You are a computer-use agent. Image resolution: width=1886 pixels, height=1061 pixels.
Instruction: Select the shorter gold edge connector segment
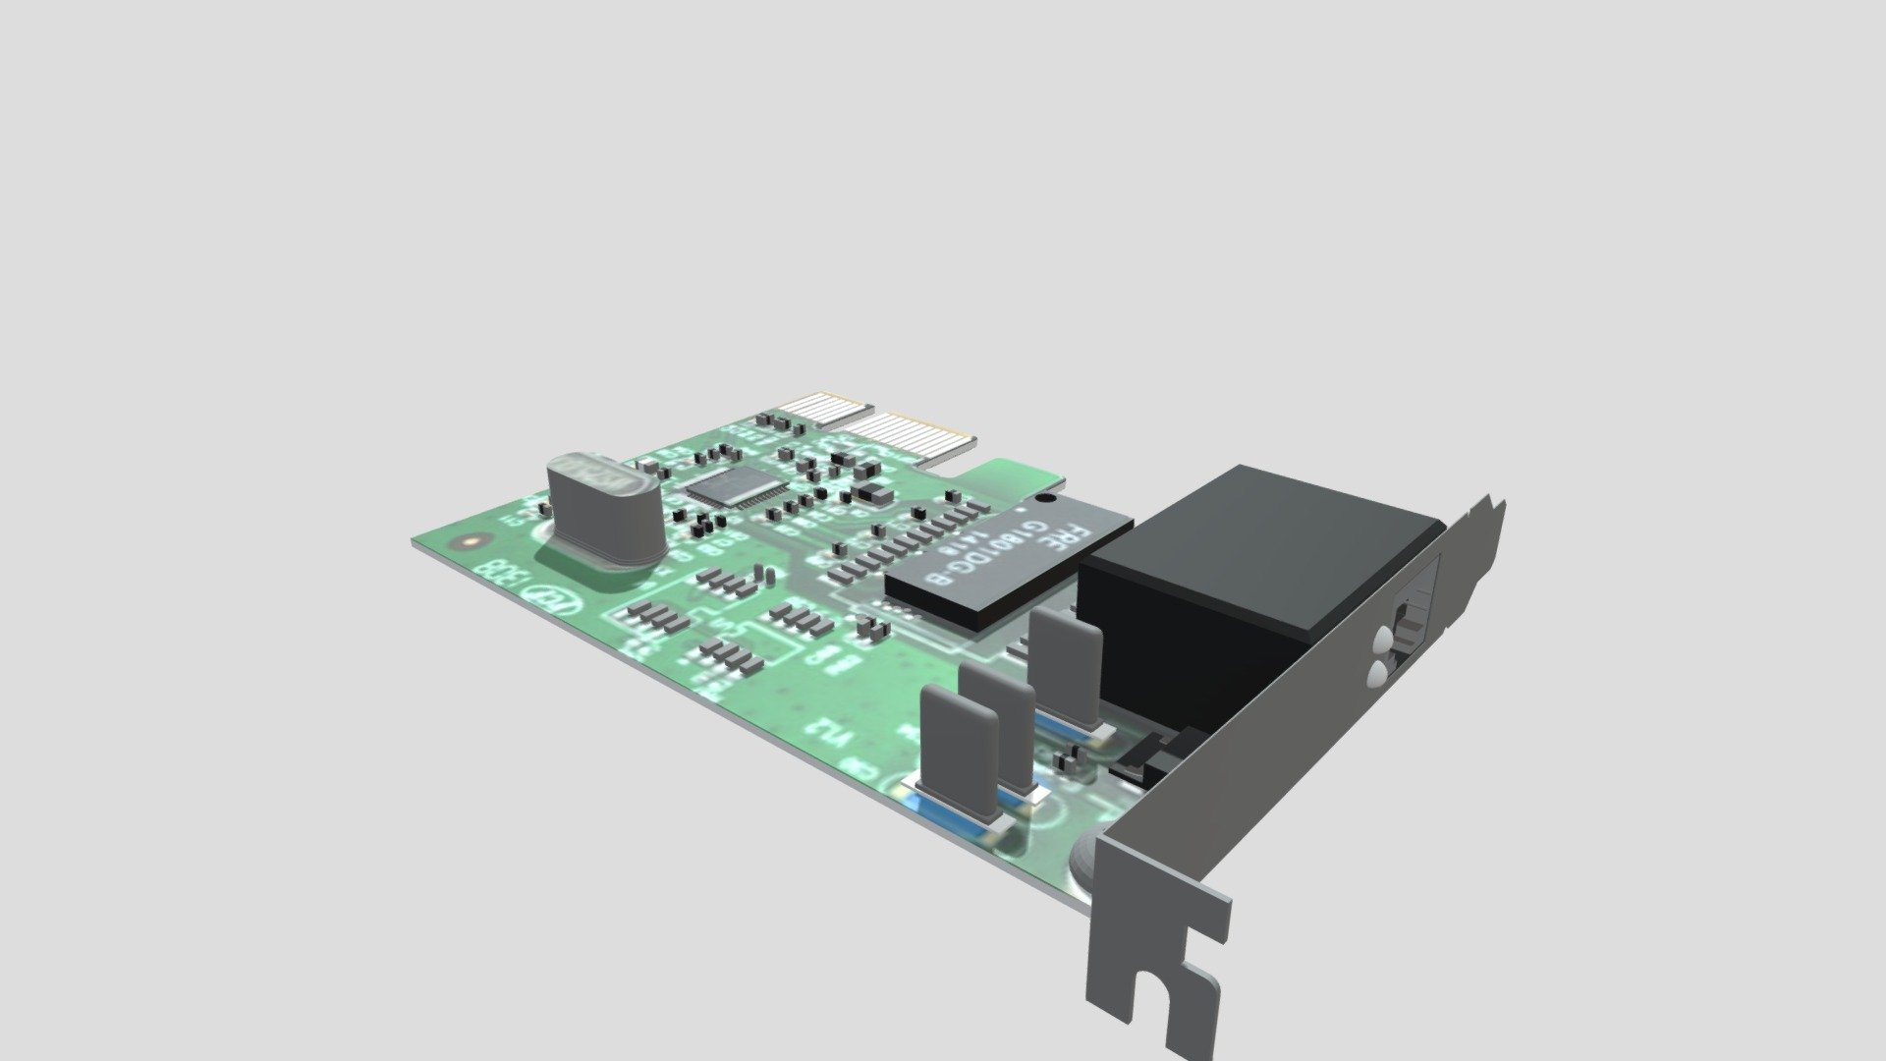tap(827, 408)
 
